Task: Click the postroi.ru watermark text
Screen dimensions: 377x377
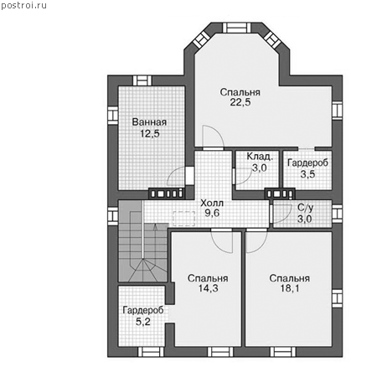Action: coord(23,5)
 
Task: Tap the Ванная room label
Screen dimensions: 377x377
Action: coord(149,122)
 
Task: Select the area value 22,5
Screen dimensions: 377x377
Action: coord(240,102)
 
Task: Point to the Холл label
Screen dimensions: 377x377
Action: coord(212,203)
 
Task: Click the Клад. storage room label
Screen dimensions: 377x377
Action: coord(260,157)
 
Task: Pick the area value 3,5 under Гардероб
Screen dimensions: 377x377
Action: coord(307,174)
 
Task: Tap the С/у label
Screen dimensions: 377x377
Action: coord(305,208)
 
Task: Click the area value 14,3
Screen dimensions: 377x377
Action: coord(208,288)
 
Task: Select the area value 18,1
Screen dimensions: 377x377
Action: coord(290,288)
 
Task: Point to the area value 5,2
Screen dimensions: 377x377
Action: coord(143,322)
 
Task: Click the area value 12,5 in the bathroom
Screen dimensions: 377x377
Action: coord(150,134)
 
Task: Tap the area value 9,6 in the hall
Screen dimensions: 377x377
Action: coord(212,213)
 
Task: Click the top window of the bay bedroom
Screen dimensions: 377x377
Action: coord(236,28)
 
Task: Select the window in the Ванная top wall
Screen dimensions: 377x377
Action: coord(142,80)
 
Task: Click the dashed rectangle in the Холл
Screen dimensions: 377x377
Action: coord(184,219)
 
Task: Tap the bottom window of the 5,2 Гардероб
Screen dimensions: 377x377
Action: coord(151,352)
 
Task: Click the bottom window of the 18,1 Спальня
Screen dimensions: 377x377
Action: coord(283,352)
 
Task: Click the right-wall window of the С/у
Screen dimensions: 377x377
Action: coord(338,214)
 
